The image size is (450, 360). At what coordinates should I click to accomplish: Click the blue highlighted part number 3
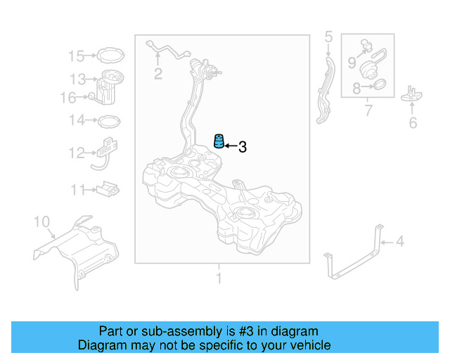click(x=219, y=141)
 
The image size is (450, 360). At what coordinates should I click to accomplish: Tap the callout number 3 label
click(x=243, y=147)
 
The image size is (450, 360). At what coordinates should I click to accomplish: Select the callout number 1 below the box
click(x=219, y=278)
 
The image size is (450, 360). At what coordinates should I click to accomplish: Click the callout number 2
click(x=158, y=74)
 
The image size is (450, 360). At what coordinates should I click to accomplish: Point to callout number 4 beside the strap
click(x=400, y=243)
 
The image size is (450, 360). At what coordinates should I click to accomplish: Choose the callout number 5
click(x=328, y=36)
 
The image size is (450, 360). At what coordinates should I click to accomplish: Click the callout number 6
click(x=413, y=123)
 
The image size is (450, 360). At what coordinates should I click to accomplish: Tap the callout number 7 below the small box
click(x=368, y=110)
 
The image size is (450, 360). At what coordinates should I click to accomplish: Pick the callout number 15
click(x=76, y=56)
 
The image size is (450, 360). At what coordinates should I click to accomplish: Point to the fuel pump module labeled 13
click(x=111, y=84)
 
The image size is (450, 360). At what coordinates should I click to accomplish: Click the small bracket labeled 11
click(x=108, y=188)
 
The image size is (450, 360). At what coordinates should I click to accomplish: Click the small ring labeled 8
click(x=377, y=87)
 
